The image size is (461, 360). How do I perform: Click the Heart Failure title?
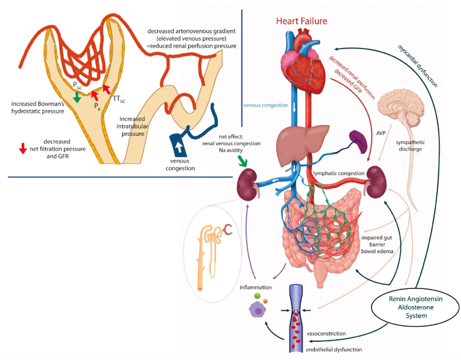[301, 21]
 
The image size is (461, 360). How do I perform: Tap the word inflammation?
[255, 288]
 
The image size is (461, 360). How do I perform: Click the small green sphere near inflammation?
[257, 296]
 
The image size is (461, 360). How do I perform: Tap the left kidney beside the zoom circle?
[248, 184]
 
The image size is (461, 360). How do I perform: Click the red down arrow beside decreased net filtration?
[23, 148]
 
